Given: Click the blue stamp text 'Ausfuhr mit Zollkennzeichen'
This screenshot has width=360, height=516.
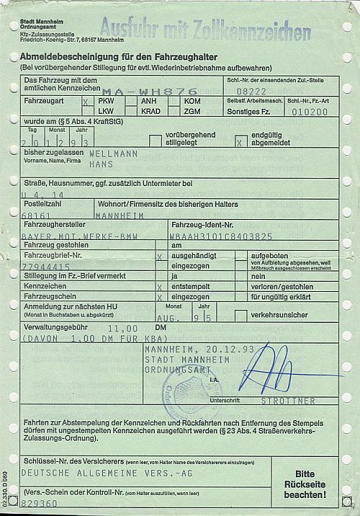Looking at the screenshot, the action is point(205,30).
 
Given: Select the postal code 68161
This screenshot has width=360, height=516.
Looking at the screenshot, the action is point(36,215).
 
